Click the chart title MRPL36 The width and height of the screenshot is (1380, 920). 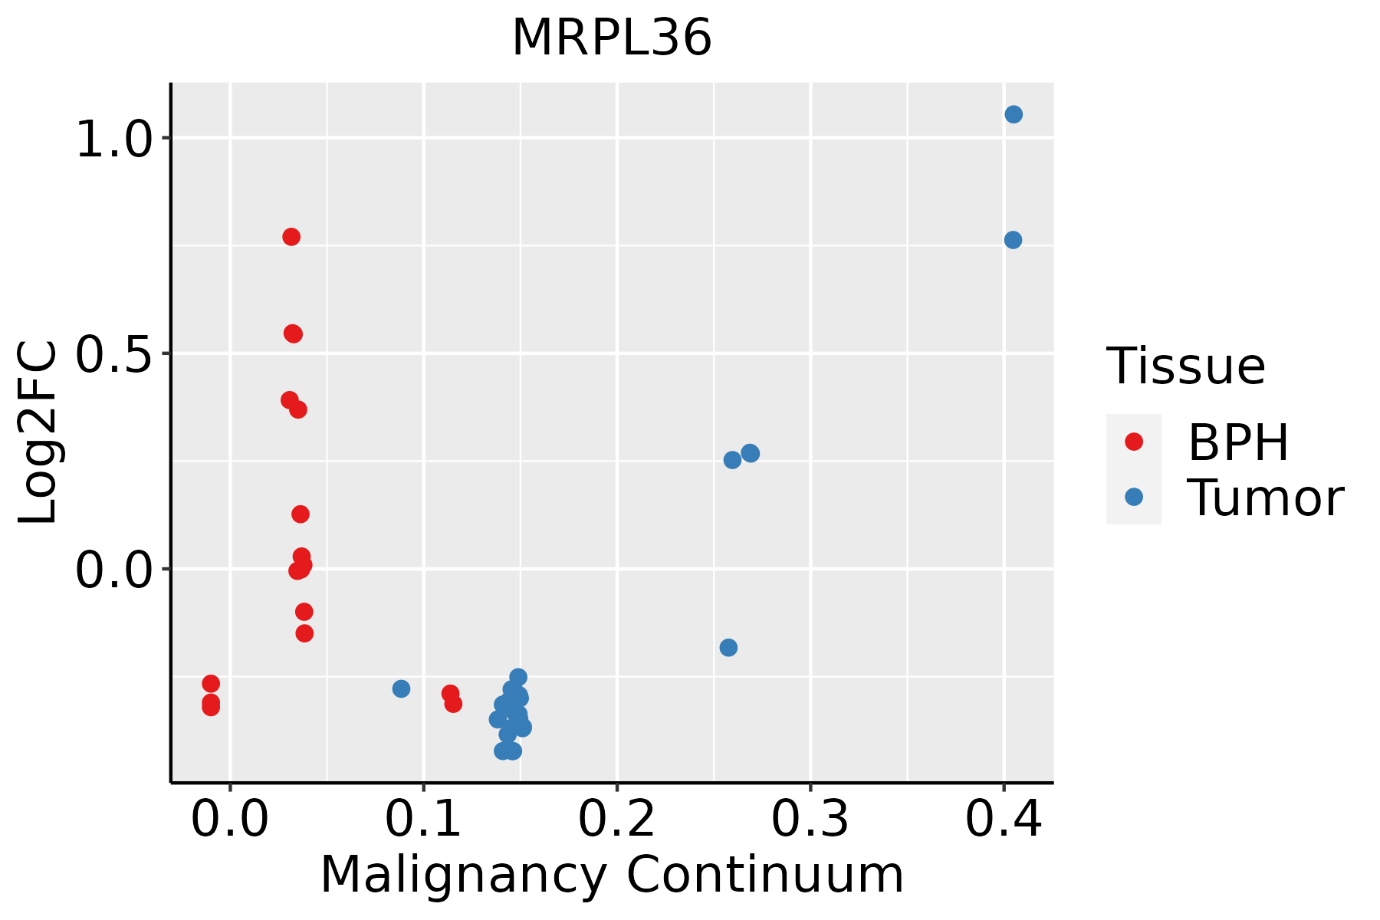click(612, 38)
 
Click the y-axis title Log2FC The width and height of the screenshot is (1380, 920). click(38, 433)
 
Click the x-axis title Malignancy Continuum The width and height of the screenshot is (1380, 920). click(612, 875)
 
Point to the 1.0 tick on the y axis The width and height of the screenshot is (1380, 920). click(113, 139)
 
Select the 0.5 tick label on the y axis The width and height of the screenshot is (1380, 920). click(113, 353)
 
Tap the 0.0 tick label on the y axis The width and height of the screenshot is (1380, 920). click(113, 570)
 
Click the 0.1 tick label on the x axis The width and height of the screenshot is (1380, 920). click(423, 819)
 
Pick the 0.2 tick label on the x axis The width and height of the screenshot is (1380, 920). click(616, 819)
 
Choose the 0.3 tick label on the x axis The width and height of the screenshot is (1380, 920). click(810, 819)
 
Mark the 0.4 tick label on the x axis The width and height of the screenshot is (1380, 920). click(1003, 819)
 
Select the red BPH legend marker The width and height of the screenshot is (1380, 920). click(1133, 442)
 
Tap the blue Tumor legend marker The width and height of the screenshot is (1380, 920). click(1133, 497)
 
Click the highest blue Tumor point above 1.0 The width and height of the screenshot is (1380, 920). click(1014, 114)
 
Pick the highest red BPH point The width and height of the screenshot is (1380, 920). click(291, 237)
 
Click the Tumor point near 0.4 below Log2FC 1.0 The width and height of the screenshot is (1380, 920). click(1013, 240)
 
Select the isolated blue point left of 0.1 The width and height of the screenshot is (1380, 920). click(401, 688)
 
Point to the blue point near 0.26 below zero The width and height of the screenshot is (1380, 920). click(728, 648)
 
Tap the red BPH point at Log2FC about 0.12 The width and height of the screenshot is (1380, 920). click(301, 514)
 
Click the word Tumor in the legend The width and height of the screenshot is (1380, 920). click(1265, 498)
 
